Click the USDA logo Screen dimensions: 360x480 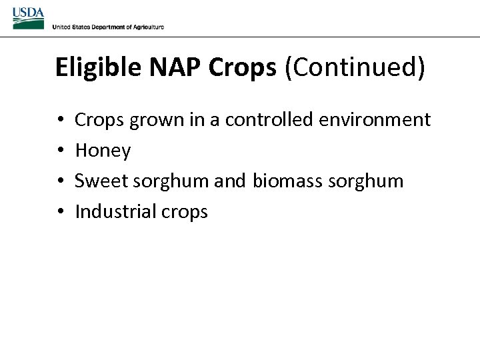[28, 18]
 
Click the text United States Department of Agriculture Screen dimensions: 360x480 [108, 27]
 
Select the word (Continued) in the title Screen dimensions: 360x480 [355, 68]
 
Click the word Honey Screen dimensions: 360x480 [103, 151]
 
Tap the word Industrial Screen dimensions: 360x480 [114, 212]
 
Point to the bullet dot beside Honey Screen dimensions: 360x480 [60, 151]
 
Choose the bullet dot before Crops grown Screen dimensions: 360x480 [60, 121]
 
